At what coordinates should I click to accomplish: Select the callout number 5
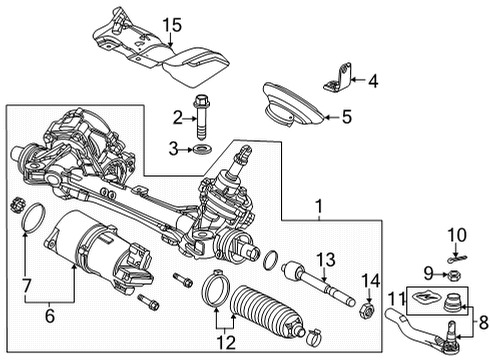coord(346,118)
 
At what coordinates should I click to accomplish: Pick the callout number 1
coord(319,208)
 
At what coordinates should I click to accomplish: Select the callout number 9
coord(429,272)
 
